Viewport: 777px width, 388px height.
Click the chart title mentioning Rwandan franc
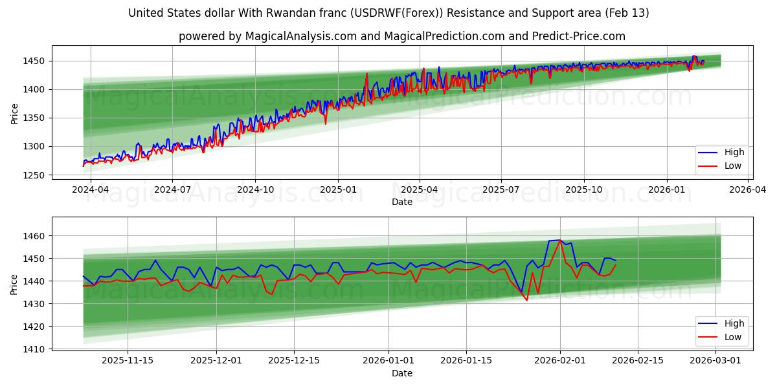tap(388, 13)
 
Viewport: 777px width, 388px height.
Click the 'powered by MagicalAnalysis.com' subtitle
tap(401, 36)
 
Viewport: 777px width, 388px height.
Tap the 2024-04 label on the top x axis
tap(90, 189)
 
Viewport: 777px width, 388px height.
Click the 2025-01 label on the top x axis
tap(337, 189)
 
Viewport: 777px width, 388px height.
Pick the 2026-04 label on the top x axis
tap(749, 189)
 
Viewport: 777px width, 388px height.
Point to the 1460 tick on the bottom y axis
tap(35, 236)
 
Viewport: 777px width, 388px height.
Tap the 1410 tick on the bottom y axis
tap(35, 349)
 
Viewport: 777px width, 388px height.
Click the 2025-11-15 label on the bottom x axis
tap(128, 361)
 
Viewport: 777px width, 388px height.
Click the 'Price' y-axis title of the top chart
tap(14, 114)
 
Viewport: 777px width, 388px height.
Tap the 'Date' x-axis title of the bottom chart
tap(401, 373)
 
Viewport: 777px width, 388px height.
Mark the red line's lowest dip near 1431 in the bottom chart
tap(526, 300)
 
